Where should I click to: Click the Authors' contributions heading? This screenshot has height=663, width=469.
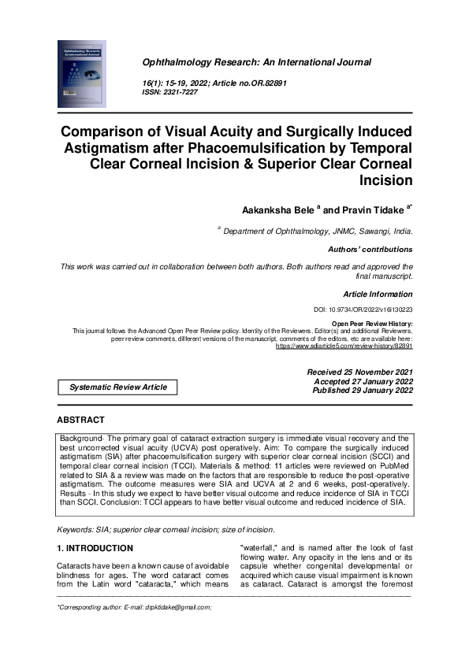[370, 249]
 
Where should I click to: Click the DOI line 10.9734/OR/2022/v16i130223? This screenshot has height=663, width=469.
[363, 311]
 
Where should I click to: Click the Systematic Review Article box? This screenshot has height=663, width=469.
[118, 387]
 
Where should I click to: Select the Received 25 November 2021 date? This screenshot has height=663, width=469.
[359, 371]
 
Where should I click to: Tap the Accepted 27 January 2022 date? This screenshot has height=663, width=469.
[363, 380]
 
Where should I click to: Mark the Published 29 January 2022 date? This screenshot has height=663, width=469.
[362, 390]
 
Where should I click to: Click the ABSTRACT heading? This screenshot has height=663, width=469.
[80, 420]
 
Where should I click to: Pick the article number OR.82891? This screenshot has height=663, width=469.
[282, 83]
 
